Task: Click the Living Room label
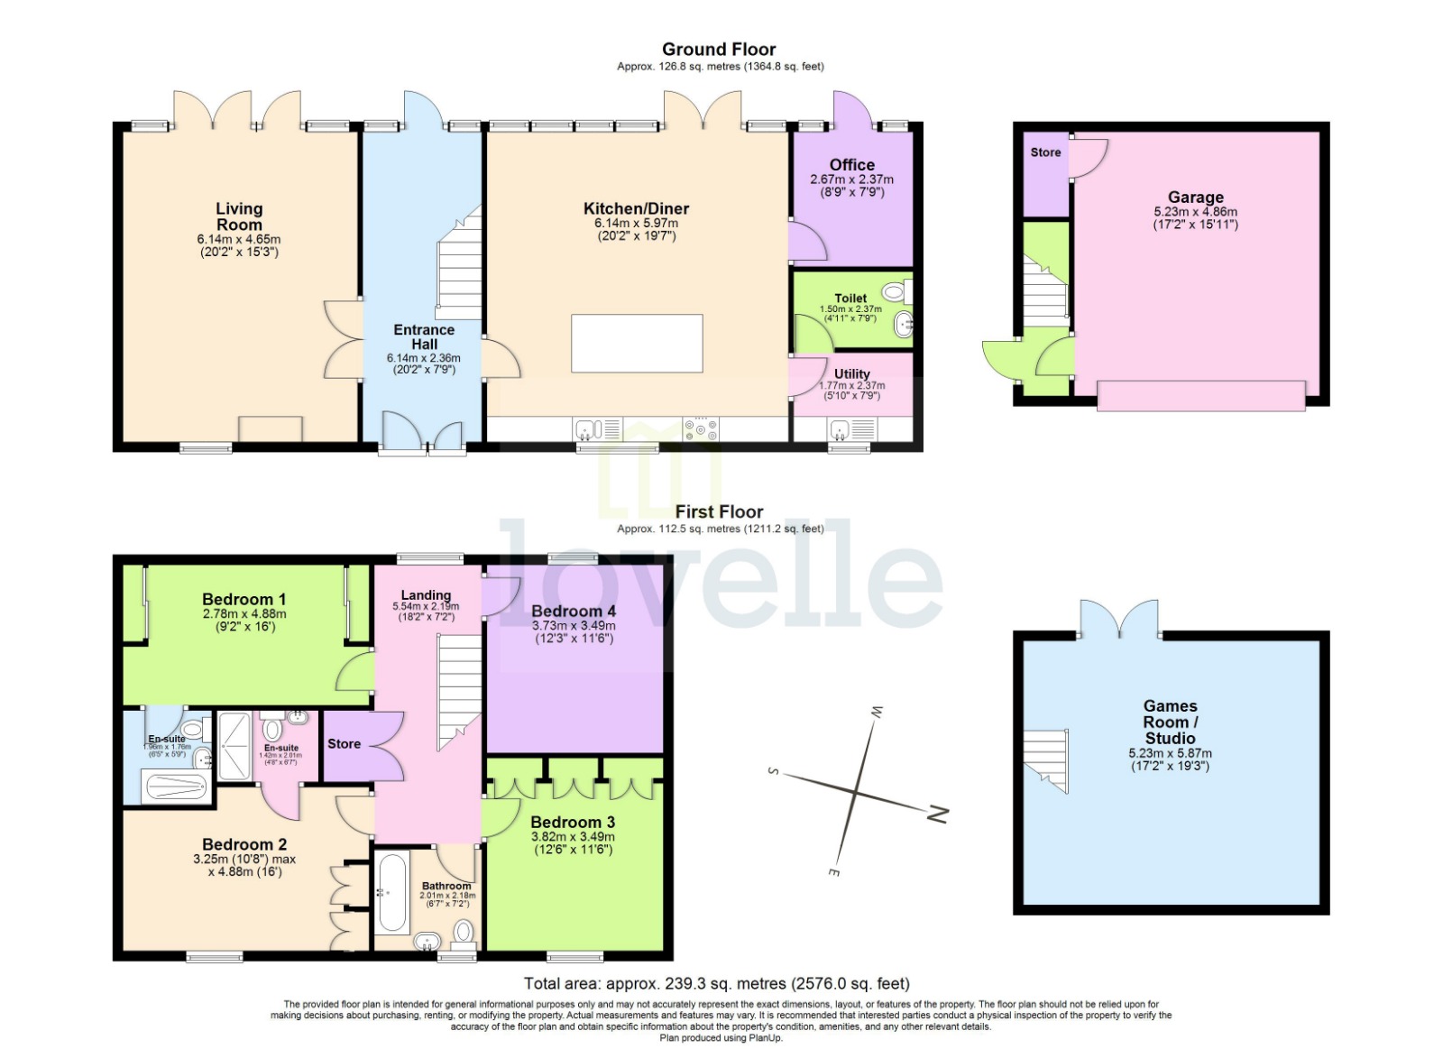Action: click(x=239, y=216)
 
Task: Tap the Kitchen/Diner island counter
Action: click(x=637, y=343)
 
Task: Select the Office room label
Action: click(x=851, y=164)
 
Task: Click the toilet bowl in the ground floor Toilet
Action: click(x=894, y=291)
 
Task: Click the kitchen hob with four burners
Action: click(x=701, y=428)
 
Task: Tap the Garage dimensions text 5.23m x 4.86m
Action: click(x=1195, y=212)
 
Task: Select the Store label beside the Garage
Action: click(x=1045, y=152)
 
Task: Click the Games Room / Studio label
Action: click(x=1170, y=722)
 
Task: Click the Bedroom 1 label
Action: click(x=244, y=599)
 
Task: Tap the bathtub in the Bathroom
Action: click(x=393, y=892)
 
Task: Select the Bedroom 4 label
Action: click(x=574, y=611)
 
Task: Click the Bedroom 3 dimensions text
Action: click(x=573, y=842)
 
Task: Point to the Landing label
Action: click(x=426, y=594)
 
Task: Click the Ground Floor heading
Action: click(x=718, y=50)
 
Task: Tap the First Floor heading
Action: click(x=719, y=511)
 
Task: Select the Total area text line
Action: click(x=716, y=983)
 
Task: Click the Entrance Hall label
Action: click(x=424, y=336)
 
